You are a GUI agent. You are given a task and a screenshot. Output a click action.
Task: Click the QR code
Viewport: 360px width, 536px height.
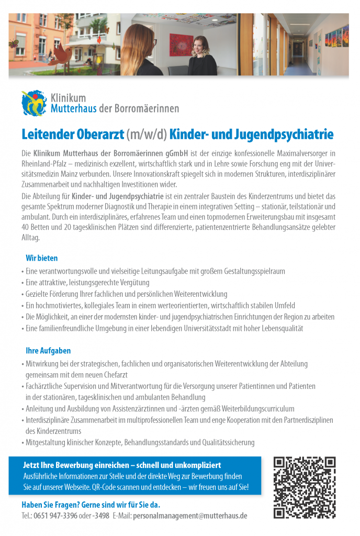[x=305, y=487]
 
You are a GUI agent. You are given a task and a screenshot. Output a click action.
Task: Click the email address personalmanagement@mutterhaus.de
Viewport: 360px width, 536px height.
[x=190, y=516]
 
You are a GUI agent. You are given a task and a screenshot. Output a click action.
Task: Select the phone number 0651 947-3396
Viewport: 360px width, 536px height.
[x=57, y=516]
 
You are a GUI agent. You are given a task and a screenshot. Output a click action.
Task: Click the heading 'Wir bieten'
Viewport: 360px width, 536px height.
[x=41, y=258]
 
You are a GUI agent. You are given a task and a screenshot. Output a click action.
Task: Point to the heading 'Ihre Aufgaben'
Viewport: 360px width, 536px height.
[x=48, y=351]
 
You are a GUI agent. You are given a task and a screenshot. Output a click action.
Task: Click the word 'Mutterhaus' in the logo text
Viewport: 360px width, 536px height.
[x=74, y=109]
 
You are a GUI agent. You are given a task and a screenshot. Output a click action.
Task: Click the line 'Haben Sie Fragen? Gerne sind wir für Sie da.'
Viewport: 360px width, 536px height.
[x=91, y=505]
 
